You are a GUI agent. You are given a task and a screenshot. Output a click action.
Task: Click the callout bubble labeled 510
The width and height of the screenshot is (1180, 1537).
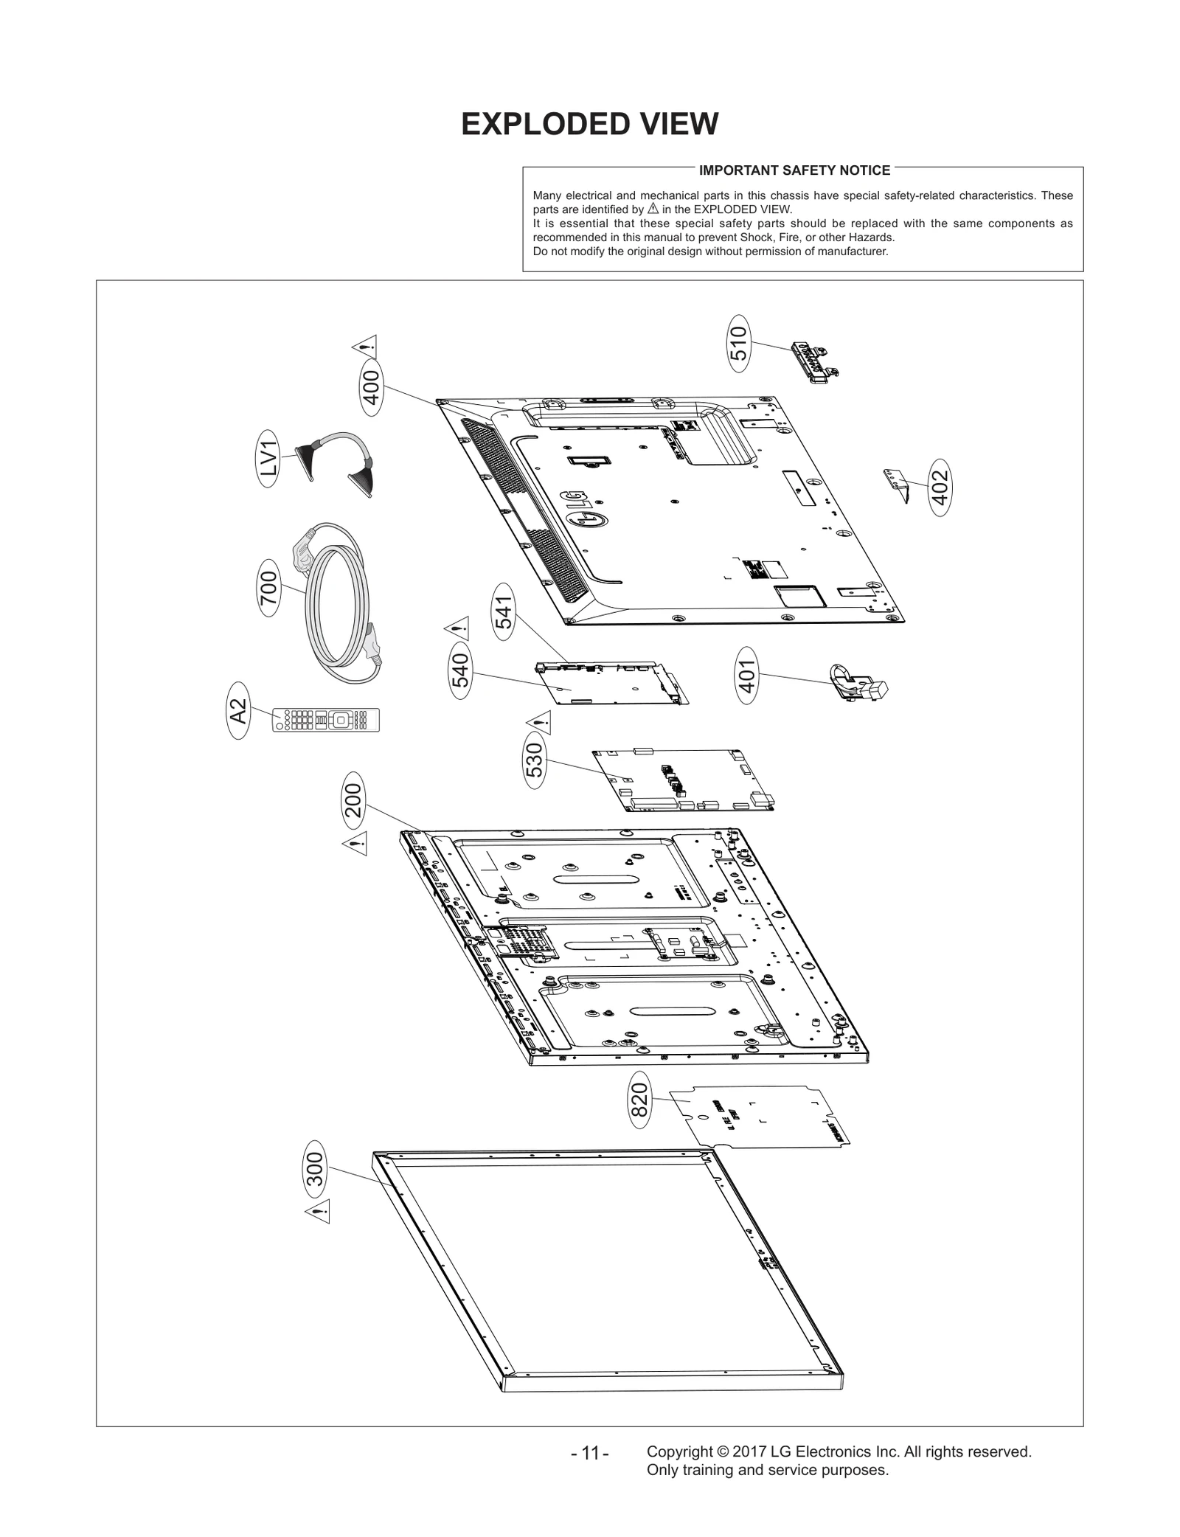[x=738, y=344]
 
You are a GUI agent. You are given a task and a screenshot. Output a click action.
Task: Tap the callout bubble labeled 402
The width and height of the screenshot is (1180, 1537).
[x=940, y=488]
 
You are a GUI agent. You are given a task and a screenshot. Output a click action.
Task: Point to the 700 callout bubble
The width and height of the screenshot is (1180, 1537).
[x=269, y=588]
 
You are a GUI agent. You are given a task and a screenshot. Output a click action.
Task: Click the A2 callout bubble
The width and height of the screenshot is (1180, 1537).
[x=238, y=711]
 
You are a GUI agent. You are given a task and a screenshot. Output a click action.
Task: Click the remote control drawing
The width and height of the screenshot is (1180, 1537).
[x=326, y=719]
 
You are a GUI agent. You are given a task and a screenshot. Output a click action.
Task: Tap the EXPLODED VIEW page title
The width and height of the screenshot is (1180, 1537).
[x=589, y=125]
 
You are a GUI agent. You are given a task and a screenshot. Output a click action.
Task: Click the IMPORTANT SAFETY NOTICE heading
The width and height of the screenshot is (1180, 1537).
[x=794, y=170]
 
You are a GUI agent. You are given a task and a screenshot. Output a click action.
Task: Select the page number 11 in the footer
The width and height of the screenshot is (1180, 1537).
[x=589, y=1474]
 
